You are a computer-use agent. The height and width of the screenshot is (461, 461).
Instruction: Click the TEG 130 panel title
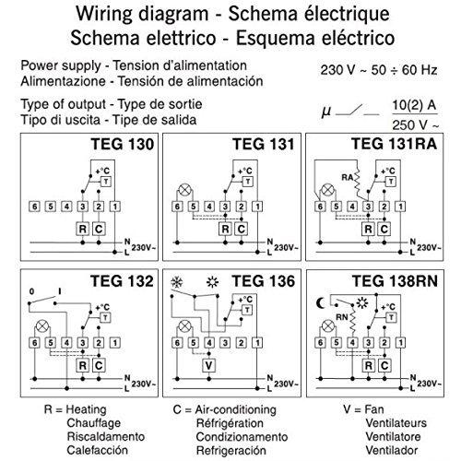point(122,144)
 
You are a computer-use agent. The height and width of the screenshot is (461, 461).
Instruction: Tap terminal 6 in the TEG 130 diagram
point(34,207)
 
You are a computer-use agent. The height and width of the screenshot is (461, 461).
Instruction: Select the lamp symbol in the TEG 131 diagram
point(184,190)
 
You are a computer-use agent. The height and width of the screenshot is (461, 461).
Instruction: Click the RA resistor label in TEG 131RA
point(348,177)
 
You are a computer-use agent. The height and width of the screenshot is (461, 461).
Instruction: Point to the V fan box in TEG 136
point(208,365)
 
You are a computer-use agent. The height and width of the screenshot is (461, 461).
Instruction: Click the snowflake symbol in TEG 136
point(177,282)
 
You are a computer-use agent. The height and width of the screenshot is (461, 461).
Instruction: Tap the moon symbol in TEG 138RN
point(321,303)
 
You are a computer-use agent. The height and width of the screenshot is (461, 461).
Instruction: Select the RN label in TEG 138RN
point(341,317)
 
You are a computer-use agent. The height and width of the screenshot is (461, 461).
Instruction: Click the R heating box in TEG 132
point(82,365)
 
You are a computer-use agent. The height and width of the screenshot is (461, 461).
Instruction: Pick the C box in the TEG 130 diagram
point(99,229)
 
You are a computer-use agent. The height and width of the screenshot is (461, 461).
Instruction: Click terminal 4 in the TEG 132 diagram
point(66,343)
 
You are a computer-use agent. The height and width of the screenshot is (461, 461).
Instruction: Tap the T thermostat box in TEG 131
point(248,182)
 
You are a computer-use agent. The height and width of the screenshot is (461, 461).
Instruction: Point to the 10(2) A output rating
point(414,105)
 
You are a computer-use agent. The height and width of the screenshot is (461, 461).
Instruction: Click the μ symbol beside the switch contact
point(326,112)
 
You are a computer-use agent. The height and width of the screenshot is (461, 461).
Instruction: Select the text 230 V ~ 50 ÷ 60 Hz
point(379,70)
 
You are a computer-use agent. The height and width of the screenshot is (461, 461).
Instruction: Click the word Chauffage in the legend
point(94,423)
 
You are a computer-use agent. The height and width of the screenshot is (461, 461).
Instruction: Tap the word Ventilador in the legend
point(392,451)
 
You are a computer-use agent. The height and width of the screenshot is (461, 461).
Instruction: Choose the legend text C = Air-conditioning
point(225,409)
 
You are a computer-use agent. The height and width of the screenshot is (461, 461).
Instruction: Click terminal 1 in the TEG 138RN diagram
point(400,343)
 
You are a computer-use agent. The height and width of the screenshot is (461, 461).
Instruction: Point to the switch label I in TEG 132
point(60,291)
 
